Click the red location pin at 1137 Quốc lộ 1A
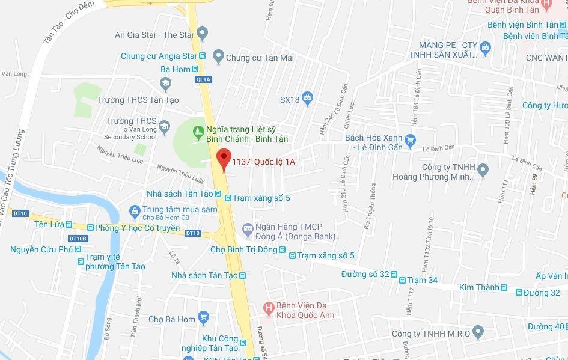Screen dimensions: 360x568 coord(224,159)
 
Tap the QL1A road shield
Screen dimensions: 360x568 coord(203,79)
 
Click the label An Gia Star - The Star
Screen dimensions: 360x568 coord(154,35)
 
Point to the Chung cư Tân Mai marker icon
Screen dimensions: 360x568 coord(218,58)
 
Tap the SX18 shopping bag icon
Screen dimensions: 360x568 coord(308,99)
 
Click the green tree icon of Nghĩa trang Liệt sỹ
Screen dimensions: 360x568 coord(197,129)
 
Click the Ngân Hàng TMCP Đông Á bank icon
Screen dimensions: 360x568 coord(247,228)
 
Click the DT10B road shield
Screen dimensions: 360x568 coord(78,239)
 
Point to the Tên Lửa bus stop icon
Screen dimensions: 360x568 coord(69,225)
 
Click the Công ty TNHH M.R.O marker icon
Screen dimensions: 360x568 coord(478,331)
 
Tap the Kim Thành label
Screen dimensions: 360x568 coord(479,288)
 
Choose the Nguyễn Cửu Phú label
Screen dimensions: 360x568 coord(41,249)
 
